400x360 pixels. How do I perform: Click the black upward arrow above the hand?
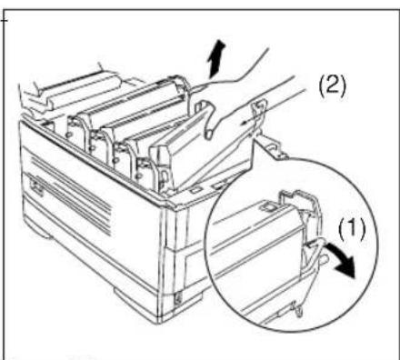click(215, 59)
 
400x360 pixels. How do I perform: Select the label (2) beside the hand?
click(332, 86)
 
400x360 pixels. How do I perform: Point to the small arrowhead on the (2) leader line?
click(243, 123)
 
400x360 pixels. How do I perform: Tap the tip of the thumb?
click(208, 134)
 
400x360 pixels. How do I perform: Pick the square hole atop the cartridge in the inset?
click(267, 207)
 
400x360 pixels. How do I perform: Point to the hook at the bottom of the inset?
click(297, 309)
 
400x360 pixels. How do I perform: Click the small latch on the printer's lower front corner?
click(177, 299)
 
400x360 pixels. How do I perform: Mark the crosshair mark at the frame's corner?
click(4, 20)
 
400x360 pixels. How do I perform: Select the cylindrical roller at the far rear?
click(82, 90)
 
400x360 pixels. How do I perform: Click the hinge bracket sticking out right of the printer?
click(272, 146)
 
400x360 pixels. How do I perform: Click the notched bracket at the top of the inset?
click(300, 200)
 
